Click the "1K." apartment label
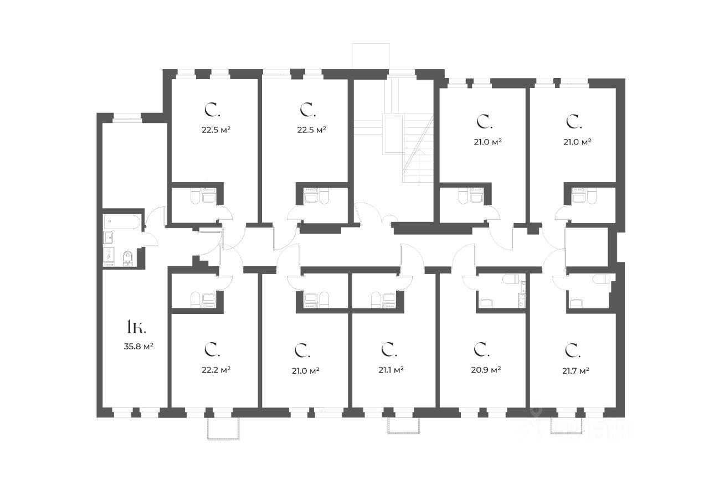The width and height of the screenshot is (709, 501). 136,327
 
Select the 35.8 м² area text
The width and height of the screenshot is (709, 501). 138,347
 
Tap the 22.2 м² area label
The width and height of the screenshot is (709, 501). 216,369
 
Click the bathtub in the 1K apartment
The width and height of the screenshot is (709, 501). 122,222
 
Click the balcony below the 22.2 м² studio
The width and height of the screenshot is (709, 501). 223,428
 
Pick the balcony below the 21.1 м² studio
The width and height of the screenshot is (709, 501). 404,426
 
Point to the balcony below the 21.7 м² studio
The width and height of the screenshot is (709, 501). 567,426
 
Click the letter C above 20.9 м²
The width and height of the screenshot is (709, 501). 481,349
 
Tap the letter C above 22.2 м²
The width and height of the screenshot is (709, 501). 212,349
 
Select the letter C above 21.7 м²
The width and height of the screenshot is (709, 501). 572,350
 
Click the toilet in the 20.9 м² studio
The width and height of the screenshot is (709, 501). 510,279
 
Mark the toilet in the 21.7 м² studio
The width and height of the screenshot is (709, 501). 600,279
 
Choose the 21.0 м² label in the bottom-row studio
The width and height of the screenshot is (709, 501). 305,370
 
